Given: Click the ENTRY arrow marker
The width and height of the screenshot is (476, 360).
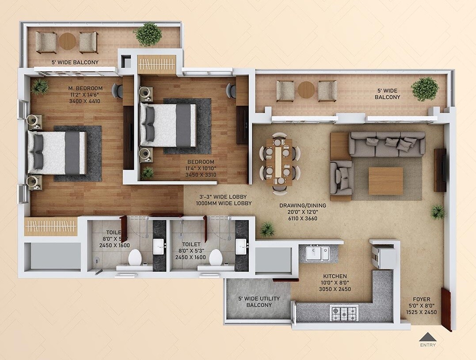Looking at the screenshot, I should (x=427, y=337).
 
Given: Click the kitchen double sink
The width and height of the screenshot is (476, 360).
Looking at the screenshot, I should (x=318, y=253).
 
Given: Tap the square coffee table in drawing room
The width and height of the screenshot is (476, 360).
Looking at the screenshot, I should (x=385, y=180).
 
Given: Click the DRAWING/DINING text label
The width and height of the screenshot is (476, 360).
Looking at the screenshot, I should (x=303, y=205).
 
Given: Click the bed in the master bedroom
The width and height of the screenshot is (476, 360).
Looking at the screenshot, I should (x=57, y=152).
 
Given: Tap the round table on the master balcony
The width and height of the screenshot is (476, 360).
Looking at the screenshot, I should (x=68, y=42).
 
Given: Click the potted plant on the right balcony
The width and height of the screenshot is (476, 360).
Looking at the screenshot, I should (x=425, y=88).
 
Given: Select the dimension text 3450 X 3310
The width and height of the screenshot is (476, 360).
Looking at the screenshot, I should (x=201, y=175).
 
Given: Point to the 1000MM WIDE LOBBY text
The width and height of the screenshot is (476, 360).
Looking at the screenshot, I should (x=224, y=203).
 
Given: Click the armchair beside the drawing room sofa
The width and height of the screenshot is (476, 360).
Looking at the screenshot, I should (x=342, y=177).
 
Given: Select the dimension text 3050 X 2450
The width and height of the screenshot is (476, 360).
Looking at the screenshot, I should (x=335, y=289).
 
